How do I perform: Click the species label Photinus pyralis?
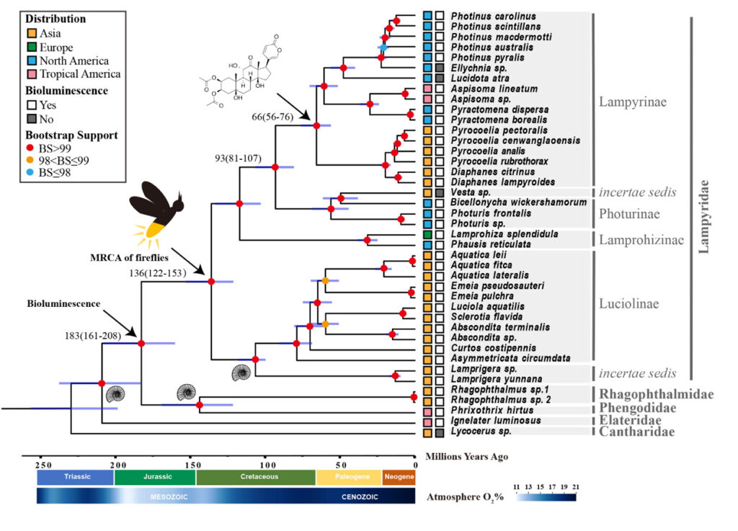pyautogui.click(x=488, y=58)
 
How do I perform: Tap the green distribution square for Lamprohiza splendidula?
pyautogui.click(x=427, y=234)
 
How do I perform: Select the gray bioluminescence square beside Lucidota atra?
pyautogui.click(x=440, y=78)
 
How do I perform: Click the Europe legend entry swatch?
pyautogui.click(x=32, y=47)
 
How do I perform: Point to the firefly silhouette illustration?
pyautogui.click(x=156, y=215)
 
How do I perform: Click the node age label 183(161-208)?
pyautogui.click(x=93, y=335)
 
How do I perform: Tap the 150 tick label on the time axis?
pyautogui.click(x=192, y=465)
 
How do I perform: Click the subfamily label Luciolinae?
pyautogui.click(x=628, y=304)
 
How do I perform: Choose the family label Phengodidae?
pyautogui.click(x=637, y=408)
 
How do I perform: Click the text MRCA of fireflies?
pyautogui.click(x=129, y=258)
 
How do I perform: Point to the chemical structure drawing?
pyautogui.click(x=240, y=71)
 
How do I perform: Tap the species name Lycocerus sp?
pyautogui.click(x=481, y=432)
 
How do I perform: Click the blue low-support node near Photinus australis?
pyautogui.click(x=383, y=48)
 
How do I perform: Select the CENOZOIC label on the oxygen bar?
pyautogui.click(x=360, y=496)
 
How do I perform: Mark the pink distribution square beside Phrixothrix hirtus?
pyautogui.click(x=427, y=411)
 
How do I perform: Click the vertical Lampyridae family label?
pyautogui.click(x=703, y=217)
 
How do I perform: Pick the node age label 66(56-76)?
pyautogui.click(x=272, y=117)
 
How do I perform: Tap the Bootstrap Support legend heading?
pyautogui.click(x=71, y=135)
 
